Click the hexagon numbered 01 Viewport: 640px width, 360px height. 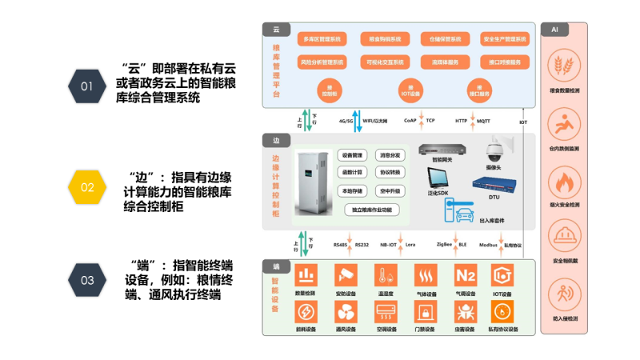[x=86, y=86]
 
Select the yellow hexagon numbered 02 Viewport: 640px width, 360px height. [x=86, y=187]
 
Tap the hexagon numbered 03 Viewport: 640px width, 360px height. [x=86, y=280]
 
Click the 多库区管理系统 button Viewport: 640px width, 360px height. [x=320, y=38]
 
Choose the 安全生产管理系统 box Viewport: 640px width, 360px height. [x=505, y=38]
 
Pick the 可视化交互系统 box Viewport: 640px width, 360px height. [x=385, y=62]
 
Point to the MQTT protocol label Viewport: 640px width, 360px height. [x=483, y=121]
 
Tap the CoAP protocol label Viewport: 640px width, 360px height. [x=410, y=121]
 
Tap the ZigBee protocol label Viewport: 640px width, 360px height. [x=445, y=245]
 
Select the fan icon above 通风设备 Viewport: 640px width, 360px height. [x=346, y=311]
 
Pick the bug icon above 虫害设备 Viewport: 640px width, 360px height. [x=465, y=311]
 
